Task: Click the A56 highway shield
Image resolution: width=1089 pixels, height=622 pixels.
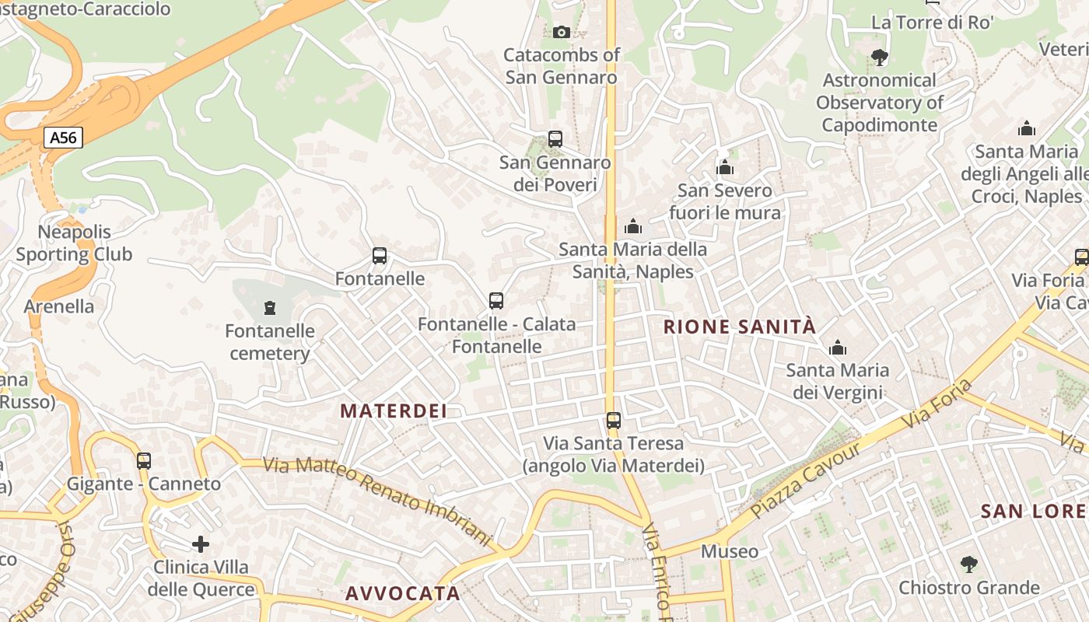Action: (63, 138)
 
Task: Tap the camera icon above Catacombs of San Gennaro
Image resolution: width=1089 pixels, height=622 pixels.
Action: (561, 32)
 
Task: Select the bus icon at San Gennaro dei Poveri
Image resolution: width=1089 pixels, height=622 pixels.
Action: (555, 139)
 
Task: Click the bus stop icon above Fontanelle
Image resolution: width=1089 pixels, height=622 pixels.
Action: (380, 255)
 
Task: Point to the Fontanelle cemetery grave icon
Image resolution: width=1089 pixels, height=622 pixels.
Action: (270, 308)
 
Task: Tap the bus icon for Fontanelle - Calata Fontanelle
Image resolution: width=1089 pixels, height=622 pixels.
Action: (495, 300)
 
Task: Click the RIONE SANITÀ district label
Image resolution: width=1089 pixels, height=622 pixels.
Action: (740, 327)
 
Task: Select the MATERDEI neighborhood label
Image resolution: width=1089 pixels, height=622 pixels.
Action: (394, 411)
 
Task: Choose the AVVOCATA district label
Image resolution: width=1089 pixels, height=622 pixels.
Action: (403, 593)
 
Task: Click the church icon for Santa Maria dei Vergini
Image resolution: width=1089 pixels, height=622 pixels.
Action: (837, 348)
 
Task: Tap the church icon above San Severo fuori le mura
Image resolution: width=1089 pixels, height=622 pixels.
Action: (725, 167)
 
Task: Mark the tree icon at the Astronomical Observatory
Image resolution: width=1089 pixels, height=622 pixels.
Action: (879, 57)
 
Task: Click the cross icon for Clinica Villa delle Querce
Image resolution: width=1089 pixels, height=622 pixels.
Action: (201, 543)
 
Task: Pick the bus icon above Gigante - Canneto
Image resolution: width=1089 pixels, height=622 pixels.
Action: (144, 460)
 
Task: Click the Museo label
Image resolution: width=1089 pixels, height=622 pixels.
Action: (729, 551)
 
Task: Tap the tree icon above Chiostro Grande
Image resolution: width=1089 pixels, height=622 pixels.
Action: (968, 564)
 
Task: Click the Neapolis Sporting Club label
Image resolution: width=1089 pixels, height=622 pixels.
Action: (74, 243)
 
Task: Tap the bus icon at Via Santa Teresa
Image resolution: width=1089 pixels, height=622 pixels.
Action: (614, 421)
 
